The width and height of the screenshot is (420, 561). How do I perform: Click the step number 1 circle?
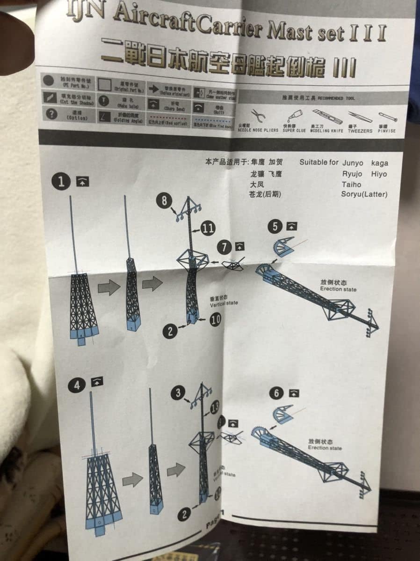click(61, 181)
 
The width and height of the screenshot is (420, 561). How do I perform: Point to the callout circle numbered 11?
click(208, 228)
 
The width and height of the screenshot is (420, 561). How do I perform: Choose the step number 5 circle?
click(274, 226)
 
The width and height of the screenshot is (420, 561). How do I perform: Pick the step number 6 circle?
click(276, 392)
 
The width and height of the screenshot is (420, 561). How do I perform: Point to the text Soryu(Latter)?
click(364, 194)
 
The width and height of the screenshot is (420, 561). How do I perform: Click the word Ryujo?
click(352, 174)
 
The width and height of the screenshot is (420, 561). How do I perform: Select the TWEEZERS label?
click(360, 131)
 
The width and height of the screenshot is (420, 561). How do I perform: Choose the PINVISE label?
click(387, 131)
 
